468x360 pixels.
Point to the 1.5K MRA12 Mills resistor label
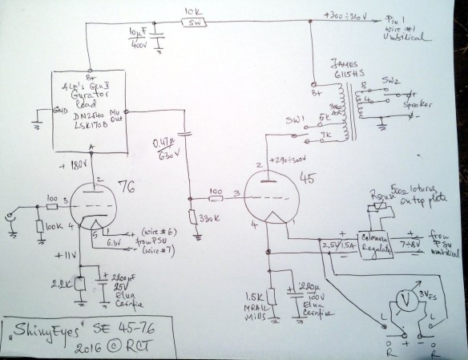(x=249, y=301)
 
